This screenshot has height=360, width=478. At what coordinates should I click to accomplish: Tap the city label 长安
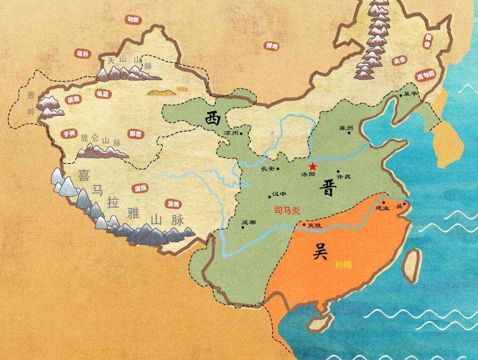tap(269, 169)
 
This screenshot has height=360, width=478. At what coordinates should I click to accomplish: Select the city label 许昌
tap(344, 176)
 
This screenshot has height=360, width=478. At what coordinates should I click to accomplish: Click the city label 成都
tap(249, 223)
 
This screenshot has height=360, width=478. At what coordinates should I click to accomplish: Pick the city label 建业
tap(382, 208)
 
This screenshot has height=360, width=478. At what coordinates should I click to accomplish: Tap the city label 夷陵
tap(314, 226)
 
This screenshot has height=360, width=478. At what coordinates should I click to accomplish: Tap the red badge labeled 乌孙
tap(82, 54)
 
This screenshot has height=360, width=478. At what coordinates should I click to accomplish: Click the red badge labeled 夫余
tap(400, 61)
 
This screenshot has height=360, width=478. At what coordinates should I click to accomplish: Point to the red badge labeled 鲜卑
tap(272, 46)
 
